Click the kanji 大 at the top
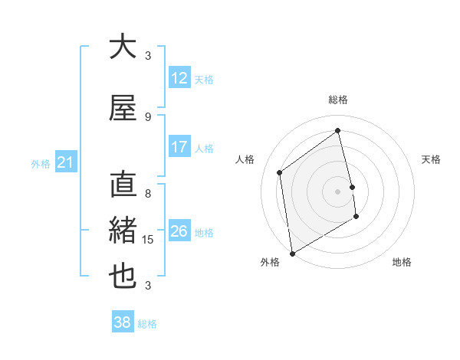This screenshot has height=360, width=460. (x=123, y=47)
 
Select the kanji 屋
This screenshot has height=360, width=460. (x=123, y=108)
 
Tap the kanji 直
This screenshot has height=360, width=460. (x=123, y=185)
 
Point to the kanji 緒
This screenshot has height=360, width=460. (x=123, y=231)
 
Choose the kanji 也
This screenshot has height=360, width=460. (x=123, y=277)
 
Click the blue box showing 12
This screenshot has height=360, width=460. (x=179, y=78)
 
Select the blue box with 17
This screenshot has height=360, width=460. (x=179, y=147)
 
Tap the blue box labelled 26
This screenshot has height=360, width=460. (x=179, y=231)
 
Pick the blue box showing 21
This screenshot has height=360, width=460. (x=65, y=162)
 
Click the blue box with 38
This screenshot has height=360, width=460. (x=123, y=322)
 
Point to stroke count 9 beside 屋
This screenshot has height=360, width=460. (x=148, y=116)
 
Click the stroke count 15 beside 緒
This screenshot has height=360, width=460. (x=149, y=240)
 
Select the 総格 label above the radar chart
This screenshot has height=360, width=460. (x=338, y=100)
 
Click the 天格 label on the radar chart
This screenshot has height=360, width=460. (x=431, y=159)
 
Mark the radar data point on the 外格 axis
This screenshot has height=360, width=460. (x=292, y=253)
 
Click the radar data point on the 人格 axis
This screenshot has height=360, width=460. (x=280, y=172)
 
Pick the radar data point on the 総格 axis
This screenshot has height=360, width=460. (x=338, y=131)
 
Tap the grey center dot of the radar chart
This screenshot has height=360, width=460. (x=338, y=191)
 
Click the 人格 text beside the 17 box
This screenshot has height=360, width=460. (x=204, y=148)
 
